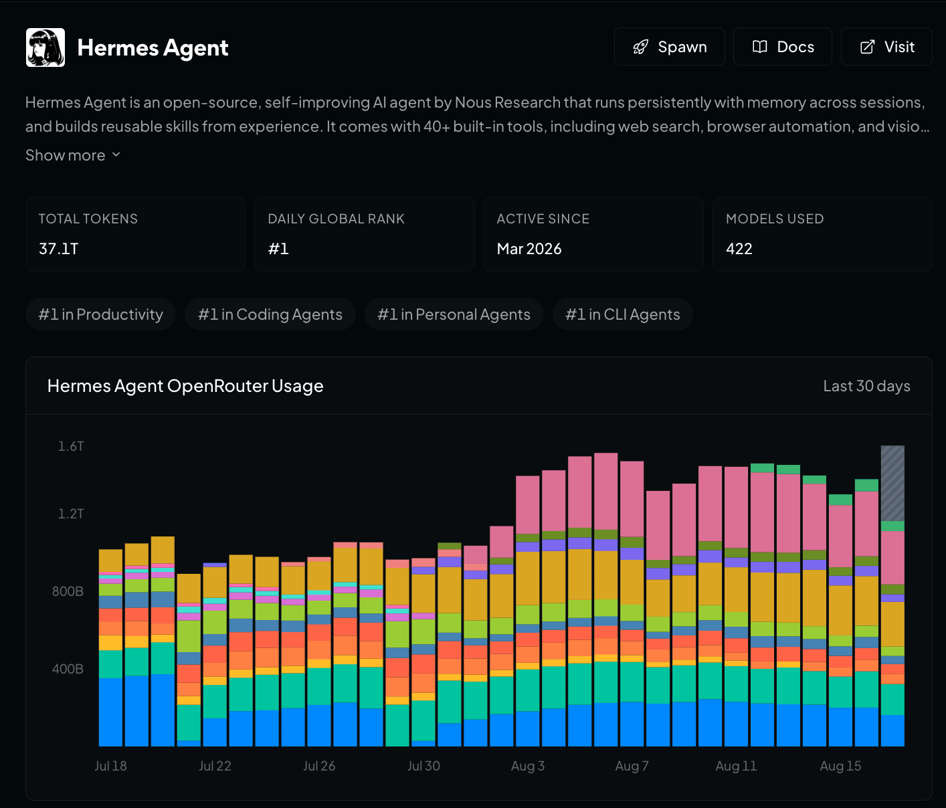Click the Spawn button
(x=669, y=47)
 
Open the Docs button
(x=783, y=47)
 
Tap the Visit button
(x=886, y=47)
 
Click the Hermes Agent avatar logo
(x=45, y=47)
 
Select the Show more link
(x=73, y=155)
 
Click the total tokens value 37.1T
(x=59, y=249)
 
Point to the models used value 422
(x=739, y=249)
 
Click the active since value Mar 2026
(x=529, y=249)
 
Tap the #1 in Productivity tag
(x=100, y=314)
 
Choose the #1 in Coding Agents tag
(x=270, y=314)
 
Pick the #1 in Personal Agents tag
(x=454, y=314)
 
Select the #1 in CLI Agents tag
(x=622, y=314)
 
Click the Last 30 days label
(x=866, y=386)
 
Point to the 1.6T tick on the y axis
(x=71, y=446)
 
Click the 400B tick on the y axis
(x=68, y=669)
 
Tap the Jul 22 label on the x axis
(x=215, y=766)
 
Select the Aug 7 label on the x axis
(x=632, y=766)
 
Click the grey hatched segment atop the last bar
(x=892, y=483)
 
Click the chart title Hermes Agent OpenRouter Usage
(x=185, y=386)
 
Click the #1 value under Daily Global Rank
(x=278, y=249)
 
